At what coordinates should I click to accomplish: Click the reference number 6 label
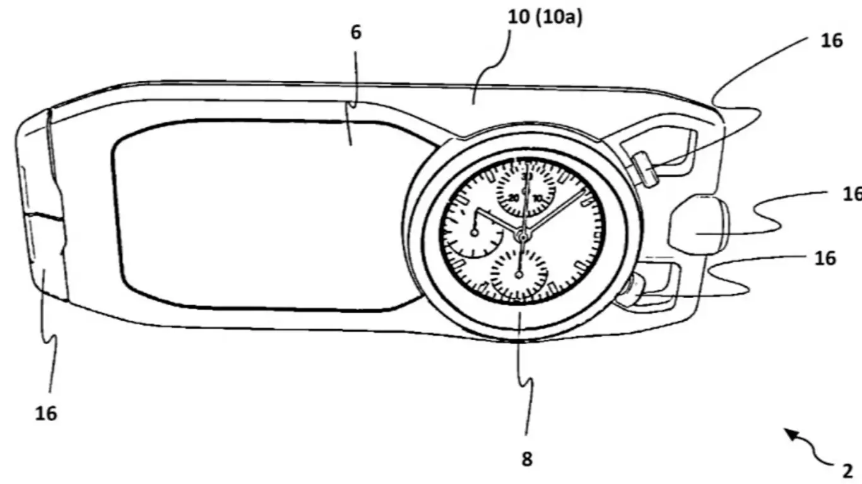(x=356, y=33)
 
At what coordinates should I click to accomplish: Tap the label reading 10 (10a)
(x=545, y=18)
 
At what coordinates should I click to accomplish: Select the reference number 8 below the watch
(x=527, y=459)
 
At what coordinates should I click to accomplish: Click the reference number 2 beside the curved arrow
(x=847, y=470)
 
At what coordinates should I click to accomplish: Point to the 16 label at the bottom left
(x=46, y=413)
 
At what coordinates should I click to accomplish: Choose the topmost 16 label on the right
(x=832, y=40)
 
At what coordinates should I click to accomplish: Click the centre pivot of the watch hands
(x=522, y=236)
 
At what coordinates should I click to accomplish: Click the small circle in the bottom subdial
(x=519, y=274)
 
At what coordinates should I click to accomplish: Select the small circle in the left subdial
(x=475, y=233)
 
